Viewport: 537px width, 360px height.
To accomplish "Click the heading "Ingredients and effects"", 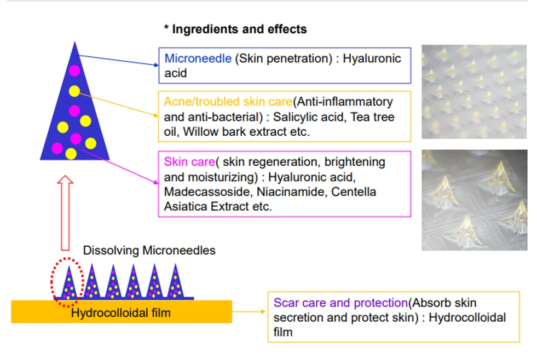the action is [x=239, y=30].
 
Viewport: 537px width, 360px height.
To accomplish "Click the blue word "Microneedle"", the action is [x=198, y=59].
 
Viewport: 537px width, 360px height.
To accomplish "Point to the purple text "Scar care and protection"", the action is [x=340, y=303].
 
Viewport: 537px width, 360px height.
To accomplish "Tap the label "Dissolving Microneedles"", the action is [x=149, y=251].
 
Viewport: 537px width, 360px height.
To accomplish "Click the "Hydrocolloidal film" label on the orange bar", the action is [x=120, y=313].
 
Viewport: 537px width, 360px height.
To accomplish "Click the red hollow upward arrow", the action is [x=66, y=211].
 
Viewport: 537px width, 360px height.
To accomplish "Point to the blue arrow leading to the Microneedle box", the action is [x=118, y=60].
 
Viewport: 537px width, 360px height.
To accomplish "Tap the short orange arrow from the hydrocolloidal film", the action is [x=249, y=312].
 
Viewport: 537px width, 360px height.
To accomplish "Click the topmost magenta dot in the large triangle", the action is [x=74, y=71].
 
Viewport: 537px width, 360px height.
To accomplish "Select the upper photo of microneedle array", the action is [x=474, y=92].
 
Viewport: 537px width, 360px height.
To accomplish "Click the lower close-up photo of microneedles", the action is [x=474, y=200].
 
